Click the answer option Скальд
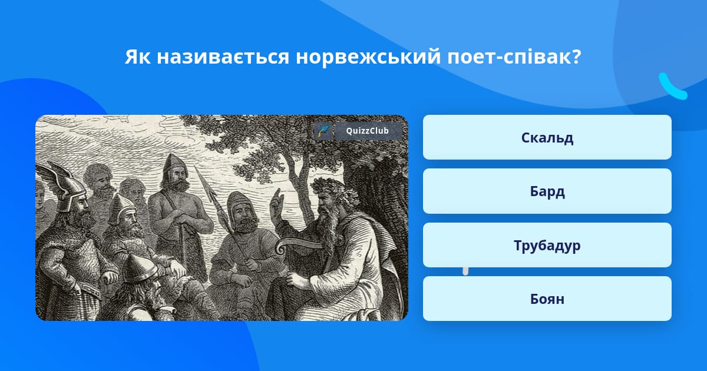pos(547,137)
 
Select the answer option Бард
pos(547,191)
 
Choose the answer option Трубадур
pos(547,245)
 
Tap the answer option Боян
pos(547,299)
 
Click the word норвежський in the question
pos(368,57)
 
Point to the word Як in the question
pos(138,57)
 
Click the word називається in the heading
pos(223,57)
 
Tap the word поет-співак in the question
pos(514,57)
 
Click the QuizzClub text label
pos(367,131)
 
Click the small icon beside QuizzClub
pos(323,131)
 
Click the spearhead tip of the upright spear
pos(195,167)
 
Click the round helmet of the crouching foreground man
pos(139,269)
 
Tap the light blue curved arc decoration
pos(672,87)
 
